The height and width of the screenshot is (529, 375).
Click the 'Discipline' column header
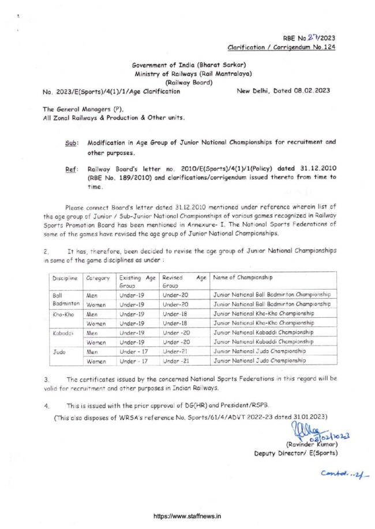tap(65, 279)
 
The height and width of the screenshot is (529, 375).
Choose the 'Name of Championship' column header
tap(245, 278)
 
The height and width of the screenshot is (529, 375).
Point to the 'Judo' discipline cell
tap(59, 351)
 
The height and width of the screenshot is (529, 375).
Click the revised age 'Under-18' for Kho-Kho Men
tap(176, 313)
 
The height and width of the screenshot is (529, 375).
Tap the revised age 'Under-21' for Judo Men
tap(176, 351)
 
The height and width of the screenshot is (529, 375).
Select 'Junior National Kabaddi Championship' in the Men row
tap(264, 332)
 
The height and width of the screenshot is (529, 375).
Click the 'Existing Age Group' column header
tap(137, 282)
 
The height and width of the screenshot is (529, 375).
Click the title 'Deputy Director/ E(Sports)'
tap(296, 453)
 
